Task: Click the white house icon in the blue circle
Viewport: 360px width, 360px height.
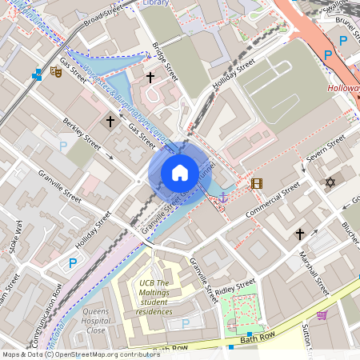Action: coord(180,173)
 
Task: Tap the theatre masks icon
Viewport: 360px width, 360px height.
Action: coord(56,72)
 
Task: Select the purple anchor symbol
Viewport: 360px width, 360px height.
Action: coord(223,196)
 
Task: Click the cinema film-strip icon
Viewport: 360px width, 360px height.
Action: coord(256,183)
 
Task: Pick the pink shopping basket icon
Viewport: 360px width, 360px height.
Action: coord(322,315)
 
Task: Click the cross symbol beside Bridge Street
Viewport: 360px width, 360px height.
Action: coord(150,77)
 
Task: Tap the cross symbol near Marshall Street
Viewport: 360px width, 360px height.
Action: coord(300,234)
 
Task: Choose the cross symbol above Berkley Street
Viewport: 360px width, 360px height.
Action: coord(110,121)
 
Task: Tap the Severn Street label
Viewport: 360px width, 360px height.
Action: coord(326,151)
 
